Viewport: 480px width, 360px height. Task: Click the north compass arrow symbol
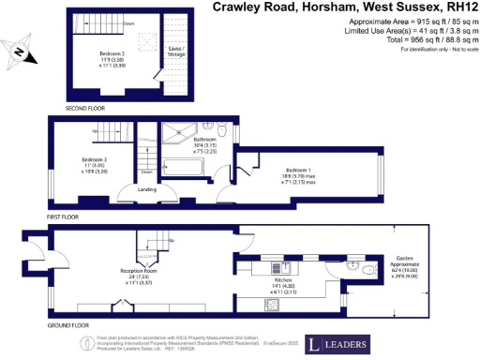coord(18,53)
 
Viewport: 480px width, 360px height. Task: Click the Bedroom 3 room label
coord(86,163)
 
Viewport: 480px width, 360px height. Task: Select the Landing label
coord(147,190)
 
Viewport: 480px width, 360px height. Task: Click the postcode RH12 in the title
coord(457,7)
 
